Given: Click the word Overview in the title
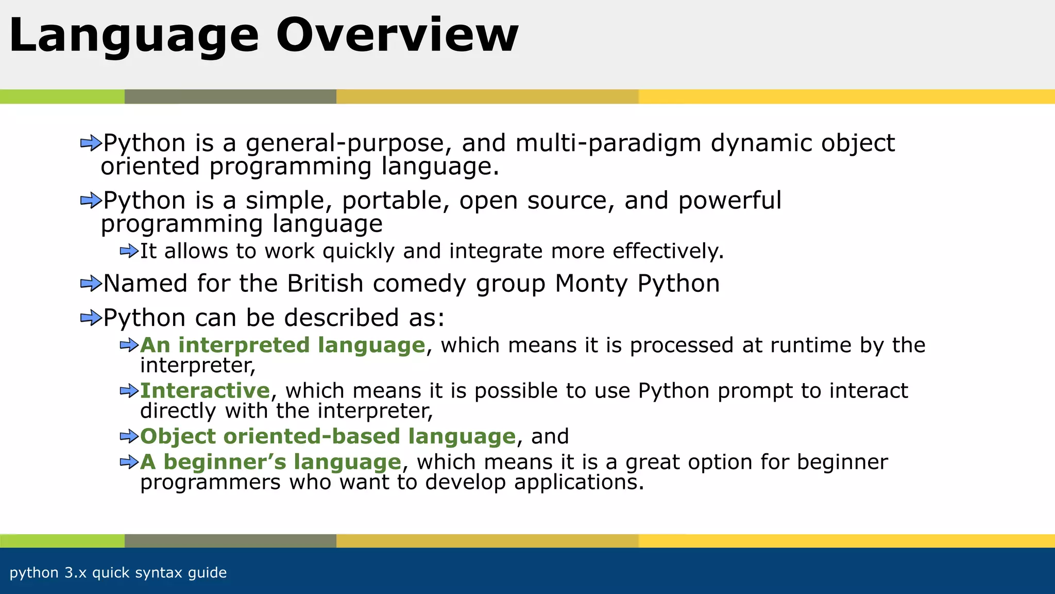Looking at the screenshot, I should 397,35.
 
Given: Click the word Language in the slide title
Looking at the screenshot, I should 134,36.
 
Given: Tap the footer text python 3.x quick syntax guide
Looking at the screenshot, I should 118,572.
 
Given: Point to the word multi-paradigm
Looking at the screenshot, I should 608,143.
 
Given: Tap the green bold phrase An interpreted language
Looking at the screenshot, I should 282,345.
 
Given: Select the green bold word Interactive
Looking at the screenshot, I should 205,390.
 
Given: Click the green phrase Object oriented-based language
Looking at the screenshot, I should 328,436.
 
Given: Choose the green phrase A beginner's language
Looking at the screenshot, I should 270,461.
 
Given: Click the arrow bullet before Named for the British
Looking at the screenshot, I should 91,284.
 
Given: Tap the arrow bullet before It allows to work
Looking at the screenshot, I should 129,251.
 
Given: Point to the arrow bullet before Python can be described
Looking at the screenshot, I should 91,318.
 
